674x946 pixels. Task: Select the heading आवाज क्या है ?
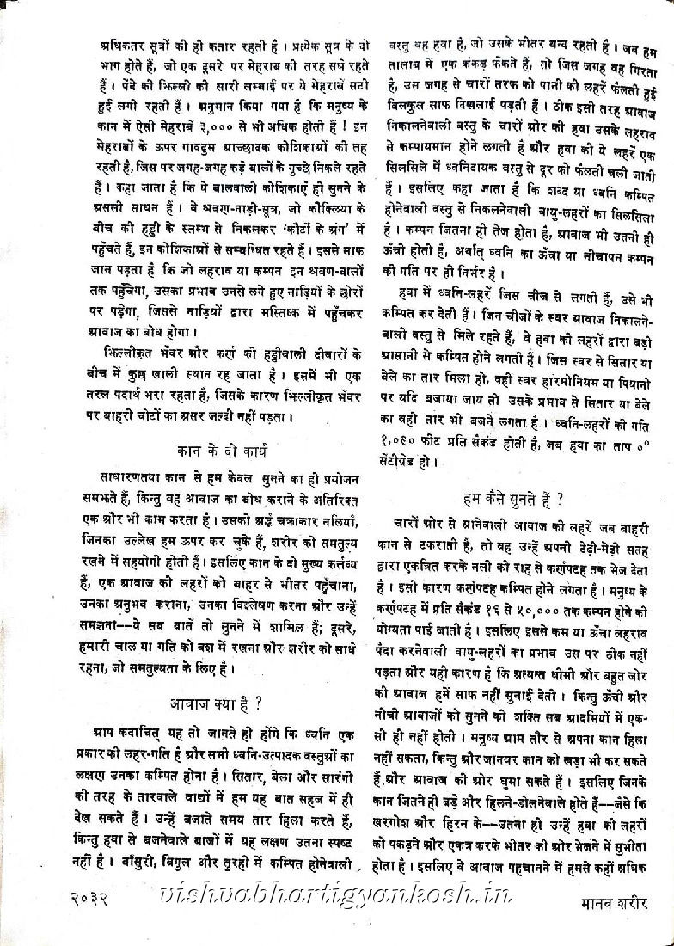[217, 701]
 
